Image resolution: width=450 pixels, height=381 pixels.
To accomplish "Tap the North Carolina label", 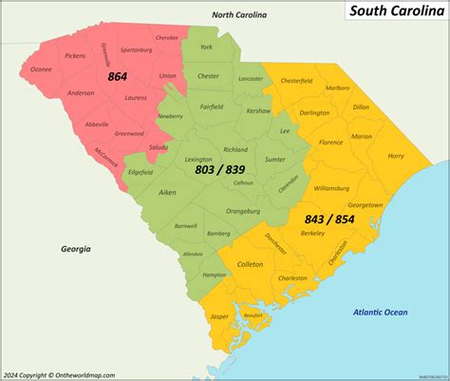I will pyautogui.click(x=239, y=15).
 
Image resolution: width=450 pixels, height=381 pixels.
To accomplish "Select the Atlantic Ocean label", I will pyautogui.click(x=379, y=312).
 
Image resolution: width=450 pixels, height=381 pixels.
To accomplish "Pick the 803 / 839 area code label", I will pyautogui.click(x=219, y=168).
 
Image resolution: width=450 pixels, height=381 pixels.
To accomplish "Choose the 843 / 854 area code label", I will pyautogui.click(x=329, y=219).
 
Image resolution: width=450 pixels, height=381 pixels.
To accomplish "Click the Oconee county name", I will pyautogui.click(x=41, y=67).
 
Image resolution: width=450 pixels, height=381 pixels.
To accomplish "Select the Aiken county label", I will pyautogui.click(x=141, y=192).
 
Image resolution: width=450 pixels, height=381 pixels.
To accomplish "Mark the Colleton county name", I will pyautogui.click(x=250, y=264).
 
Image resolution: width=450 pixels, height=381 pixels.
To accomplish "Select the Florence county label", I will pyautogui.click(x=330, y=142).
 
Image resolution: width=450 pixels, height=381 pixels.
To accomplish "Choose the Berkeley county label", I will pyautogui.click(x=312, y=233).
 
